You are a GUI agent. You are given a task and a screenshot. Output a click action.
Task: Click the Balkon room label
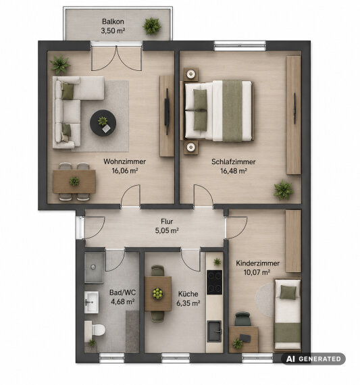113,22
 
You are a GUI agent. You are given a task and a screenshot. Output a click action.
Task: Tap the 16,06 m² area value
124,171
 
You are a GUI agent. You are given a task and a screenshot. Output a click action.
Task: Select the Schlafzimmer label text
233,162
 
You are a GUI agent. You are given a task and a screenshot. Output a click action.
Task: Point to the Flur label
167,222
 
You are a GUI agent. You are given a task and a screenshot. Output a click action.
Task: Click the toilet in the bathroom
96,329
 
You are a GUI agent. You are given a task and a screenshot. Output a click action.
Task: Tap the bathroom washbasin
91,302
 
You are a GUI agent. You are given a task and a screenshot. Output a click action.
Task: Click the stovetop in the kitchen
214,282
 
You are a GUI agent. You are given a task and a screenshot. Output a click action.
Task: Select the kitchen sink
215,331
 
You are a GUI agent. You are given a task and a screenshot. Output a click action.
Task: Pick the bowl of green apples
157,293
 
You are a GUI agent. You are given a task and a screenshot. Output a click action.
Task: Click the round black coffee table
103,123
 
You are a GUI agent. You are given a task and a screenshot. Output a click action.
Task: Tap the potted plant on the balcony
152,26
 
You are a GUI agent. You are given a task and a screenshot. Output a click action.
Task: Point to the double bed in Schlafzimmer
218,111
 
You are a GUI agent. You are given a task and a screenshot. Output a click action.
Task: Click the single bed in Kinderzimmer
288,314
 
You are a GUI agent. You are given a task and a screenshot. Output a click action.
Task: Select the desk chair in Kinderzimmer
242,319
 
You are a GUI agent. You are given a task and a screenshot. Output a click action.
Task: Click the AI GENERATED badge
313,359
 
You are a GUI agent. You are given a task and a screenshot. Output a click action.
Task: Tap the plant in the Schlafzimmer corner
284,190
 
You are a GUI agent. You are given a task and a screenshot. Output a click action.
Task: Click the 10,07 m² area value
257,272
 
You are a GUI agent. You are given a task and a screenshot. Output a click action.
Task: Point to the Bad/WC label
122,292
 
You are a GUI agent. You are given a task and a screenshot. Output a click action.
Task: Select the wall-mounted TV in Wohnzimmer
167,111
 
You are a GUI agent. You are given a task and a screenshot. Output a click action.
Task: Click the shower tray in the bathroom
94,268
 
